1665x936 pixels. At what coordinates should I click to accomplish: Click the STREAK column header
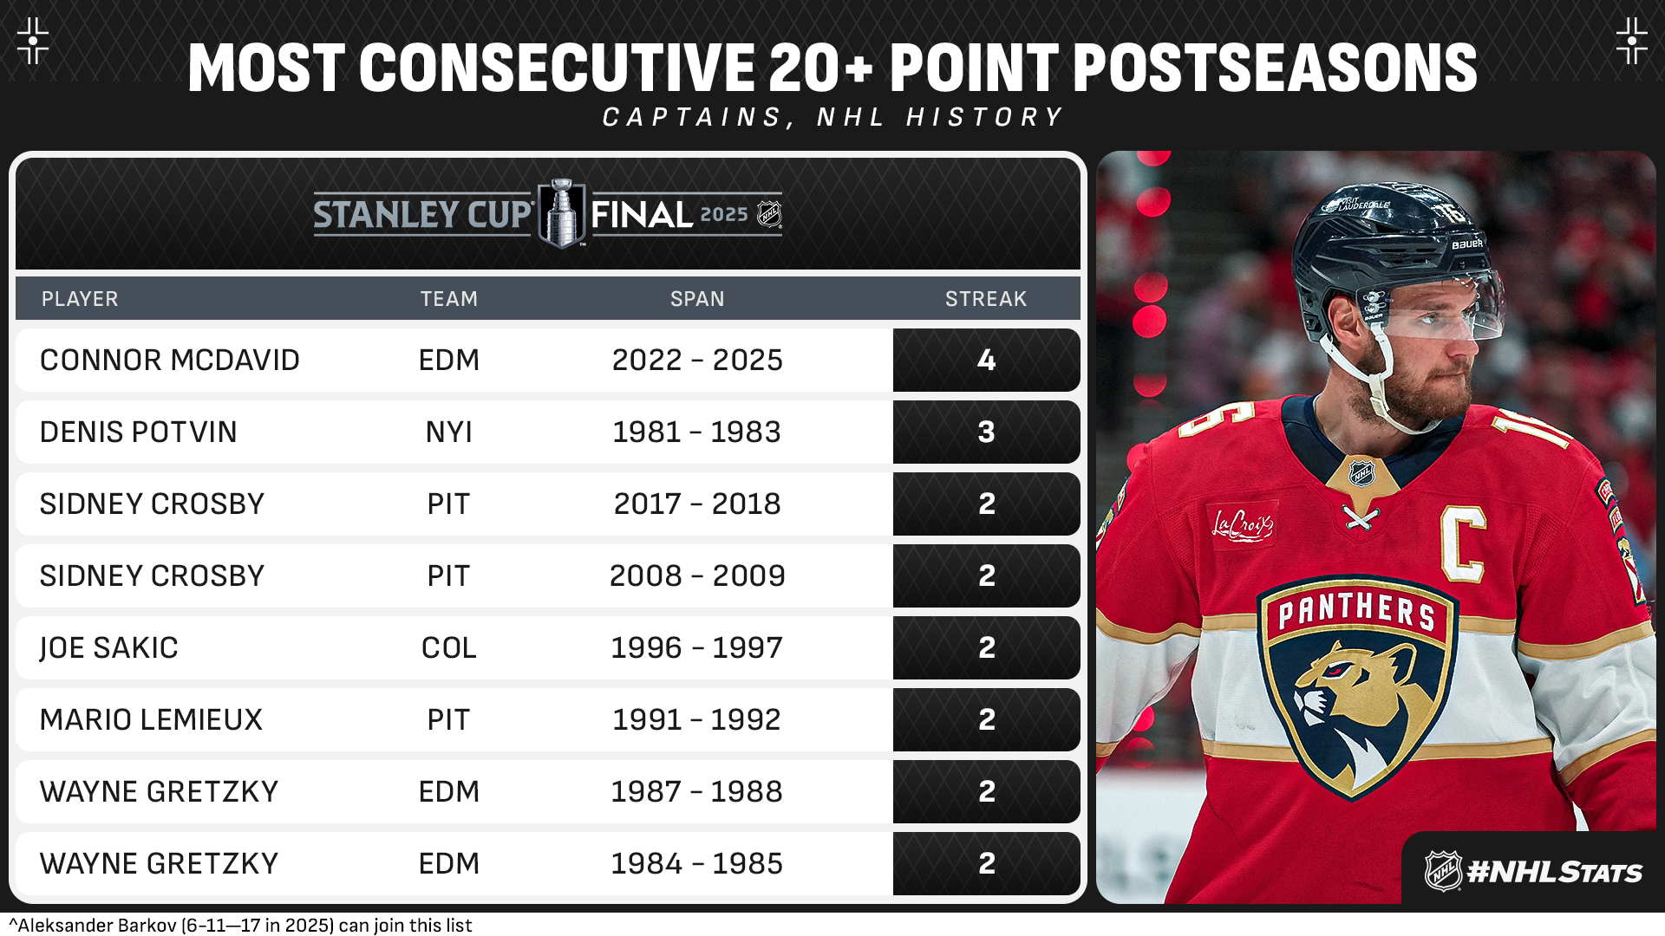pyautogui.click(x=986, y=299)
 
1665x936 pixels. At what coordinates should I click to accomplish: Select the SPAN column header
pyautogui.click(x=697, y=299)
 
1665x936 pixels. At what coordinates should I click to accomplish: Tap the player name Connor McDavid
pyautogui.click(x=170, y=360)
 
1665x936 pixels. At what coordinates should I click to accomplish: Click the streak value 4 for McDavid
pyautogui.click(x=987, y=360)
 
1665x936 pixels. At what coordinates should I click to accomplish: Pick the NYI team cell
pyautogui.click(x=449, y=432)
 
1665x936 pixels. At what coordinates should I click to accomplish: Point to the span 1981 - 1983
pyautogui.click(x=697, y=432)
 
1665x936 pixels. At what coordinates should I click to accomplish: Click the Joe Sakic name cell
pyautogui.click(x=109, y=648)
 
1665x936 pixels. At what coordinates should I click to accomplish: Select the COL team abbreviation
pyautogui.click(x=449, y=647)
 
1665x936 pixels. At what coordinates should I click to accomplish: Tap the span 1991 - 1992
pyautogui.click(x=697, y=719)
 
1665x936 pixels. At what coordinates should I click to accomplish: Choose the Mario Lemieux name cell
pyautogui.click(x=151, y=719)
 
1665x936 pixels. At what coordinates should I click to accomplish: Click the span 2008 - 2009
pyautogui.click(x=697, y=575)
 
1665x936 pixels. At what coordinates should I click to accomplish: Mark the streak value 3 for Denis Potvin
pyautogui.click(x=987, y=432)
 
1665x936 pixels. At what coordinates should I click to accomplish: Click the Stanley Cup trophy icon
pyautogui.click(x=562, y=213)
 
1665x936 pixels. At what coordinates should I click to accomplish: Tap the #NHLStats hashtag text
pyautogui.click(x=1554, y=872)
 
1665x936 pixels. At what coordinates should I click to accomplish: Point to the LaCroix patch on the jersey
pyautogui.click(x=1242, y=524)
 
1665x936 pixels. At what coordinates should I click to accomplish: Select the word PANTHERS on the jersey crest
pyautogui.click(x=1356, y=610)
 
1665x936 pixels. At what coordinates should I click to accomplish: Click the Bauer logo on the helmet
pyautogui.click(x=1467, y=244)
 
